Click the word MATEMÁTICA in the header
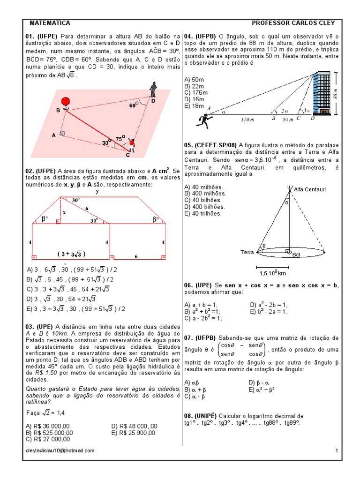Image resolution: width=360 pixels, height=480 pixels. pyautogui.click(x=50, y=23)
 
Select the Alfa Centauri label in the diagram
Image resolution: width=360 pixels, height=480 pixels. pyautogui.click(x=309, y=189)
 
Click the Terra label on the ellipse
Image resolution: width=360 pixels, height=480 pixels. pyautogui.click(x=247, y=252)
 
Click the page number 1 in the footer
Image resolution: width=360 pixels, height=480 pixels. pyautogui.click(x=337, y=450)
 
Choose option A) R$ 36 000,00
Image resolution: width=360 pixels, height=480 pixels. pyautogui.click(x=48, y=426)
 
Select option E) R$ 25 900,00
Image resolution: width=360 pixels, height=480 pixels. pyautogui.click(x=134, y=433)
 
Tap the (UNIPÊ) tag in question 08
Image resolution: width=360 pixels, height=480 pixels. pyautogui.click(x=207, y=416)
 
